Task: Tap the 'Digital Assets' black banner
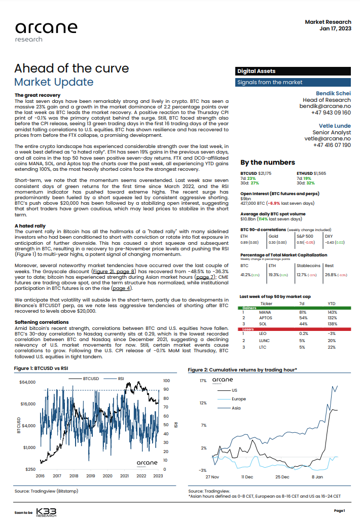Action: click(259, 71)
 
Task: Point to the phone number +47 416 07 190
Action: click(329, 145)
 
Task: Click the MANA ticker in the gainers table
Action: click(266, 312)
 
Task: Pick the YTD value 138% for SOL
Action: click(333, 323)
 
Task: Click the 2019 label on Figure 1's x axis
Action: click(90, 476)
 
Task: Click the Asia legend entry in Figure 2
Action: click(236, 408)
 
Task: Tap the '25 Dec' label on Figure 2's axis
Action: click(282, 477)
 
